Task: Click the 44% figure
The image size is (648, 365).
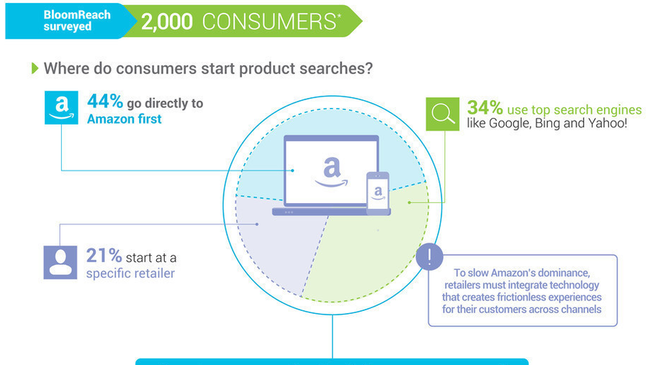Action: (x=104, y=102)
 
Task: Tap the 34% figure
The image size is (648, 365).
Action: (x=485, y=108)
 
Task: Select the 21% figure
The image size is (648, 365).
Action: (x=104, y=256)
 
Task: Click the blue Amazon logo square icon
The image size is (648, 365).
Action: (x=61, y=107)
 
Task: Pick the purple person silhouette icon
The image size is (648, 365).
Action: (x=61, y=262)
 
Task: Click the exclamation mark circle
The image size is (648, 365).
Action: (x=430, y=257)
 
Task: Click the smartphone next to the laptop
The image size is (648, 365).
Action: (x=378, y=194)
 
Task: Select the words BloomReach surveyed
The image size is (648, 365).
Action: (x=67, y=21)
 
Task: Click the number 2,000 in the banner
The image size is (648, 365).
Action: (x=167, y=22)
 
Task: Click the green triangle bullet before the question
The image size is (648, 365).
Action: (x=34, y=68)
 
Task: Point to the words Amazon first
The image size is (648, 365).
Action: (x=125, y=119)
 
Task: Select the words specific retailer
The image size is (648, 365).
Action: (x=130, y=274)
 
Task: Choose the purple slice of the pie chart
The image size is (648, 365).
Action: (x=274, y=245)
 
